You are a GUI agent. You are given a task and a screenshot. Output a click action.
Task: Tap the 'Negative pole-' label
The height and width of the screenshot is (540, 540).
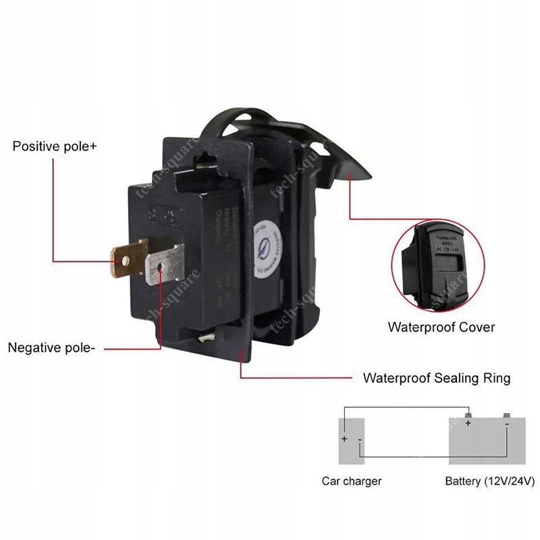point(52,348)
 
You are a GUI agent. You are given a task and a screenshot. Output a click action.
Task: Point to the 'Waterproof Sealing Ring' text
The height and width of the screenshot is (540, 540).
point(437,378)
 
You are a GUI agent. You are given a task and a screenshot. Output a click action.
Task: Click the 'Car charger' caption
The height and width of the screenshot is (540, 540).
point(352,481)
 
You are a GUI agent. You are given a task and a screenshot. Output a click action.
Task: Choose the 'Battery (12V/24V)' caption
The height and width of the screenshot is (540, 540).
point(490,481)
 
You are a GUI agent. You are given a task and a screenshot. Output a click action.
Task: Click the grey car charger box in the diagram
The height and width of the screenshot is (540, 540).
point(352,441)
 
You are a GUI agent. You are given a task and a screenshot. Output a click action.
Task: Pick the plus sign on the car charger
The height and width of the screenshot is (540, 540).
point(344,439)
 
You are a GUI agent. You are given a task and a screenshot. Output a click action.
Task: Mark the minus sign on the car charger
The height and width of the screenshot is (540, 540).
point(360,440)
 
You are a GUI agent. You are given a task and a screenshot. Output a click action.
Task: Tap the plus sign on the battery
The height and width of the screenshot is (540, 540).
point(467,424)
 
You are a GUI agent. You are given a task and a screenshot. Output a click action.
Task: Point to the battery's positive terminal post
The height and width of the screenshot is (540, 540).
point(467,414)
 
